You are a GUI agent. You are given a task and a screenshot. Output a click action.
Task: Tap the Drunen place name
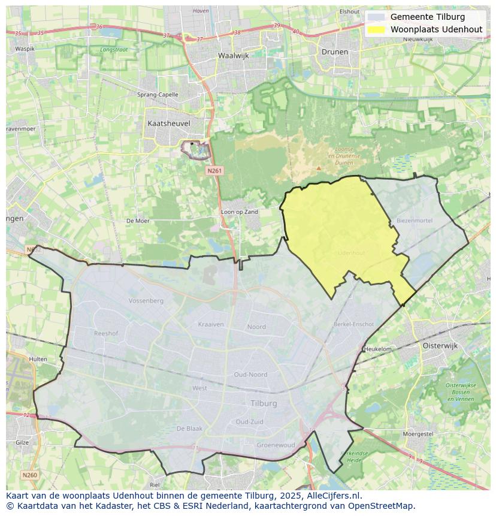[x=334, y=52]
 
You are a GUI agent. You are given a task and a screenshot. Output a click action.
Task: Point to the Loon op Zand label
[x=240, y=212]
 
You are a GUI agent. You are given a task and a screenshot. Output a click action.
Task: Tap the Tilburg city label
[x=264, y=403]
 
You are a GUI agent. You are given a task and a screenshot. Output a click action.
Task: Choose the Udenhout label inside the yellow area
[x=351, y=253]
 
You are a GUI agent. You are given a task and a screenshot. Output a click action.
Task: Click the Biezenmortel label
[x=414, y=220]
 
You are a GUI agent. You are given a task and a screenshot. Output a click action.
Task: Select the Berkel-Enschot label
[x=353, y=324]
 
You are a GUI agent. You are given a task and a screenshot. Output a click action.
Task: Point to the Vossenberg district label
[x=146, y=300]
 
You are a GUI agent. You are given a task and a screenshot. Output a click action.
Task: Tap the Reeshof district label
[x=106, y=333]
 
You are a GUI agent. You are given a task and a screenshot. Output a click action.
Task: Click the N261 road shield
[x=214, y=171]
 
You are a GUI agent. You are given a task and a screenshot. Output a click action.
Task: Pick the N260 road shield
[x=29, y=475]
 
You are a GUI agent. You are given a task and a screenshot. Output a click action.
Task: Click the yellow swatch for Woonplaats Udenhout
[x=376, y=29]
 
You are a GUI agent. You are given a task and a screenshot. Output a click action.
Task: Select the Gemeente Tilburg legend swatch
[x=376, y=17]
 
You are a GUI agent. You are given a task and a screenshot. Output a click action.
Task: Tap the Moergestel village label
[x=418, y=433]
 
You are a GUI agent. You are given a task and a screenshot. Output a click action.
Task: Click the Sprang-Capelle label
[x=158, y=95]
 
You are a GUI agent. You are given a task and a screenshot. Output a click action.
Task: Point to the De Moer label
[x=138, y=221]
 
